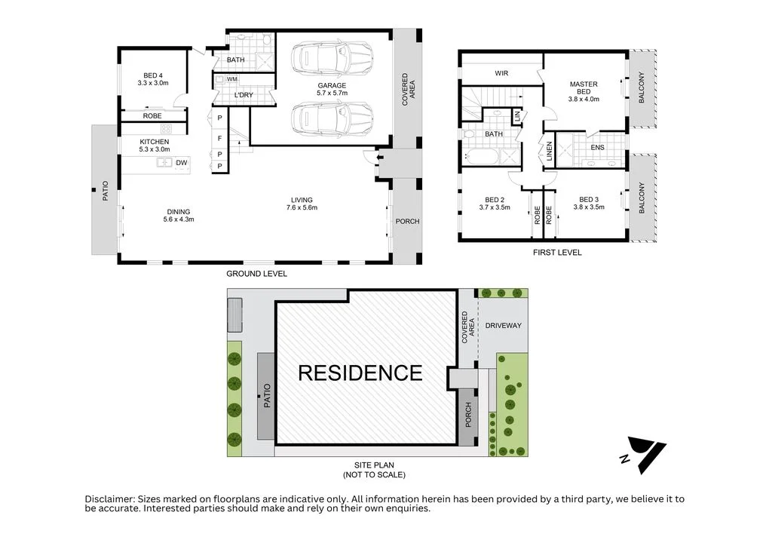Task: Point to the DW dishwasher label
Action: [x=181, y=163]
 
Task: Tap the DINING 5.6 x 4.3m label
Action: [x=179, y=216]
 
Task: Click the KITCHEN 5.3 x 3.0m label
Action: [x=155, y=146]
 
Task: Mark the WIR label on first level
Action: [x=501, y=73]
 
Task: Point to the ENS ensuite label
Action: [x=597, y=148]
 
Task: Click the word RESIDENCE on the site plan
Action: [x=360, y=373]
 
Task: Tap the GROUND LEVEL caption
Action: [x=257, y=274]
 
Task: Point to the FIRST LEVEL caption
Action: [x=556, y=253]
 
